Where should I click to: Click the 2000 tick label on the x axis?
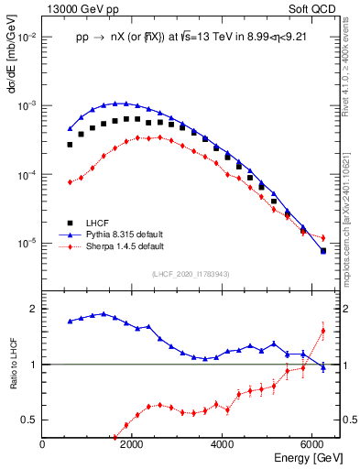pyautogui.click(x=133, y=444)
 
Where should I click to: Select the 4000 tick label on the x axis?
pyautogui.click(x=223, y=444)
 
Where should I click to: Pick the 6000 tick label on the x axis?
pyautogui.click(x=312, y=444)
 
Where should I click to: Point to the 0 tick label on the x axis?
pyautogui.click(x=43, y=444)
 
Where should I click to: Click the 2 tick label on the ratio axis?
pyautogui.click(x=33, y=309)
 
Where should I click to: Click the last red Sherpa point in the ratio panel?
pyautogui.click(x=322, y=331)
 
